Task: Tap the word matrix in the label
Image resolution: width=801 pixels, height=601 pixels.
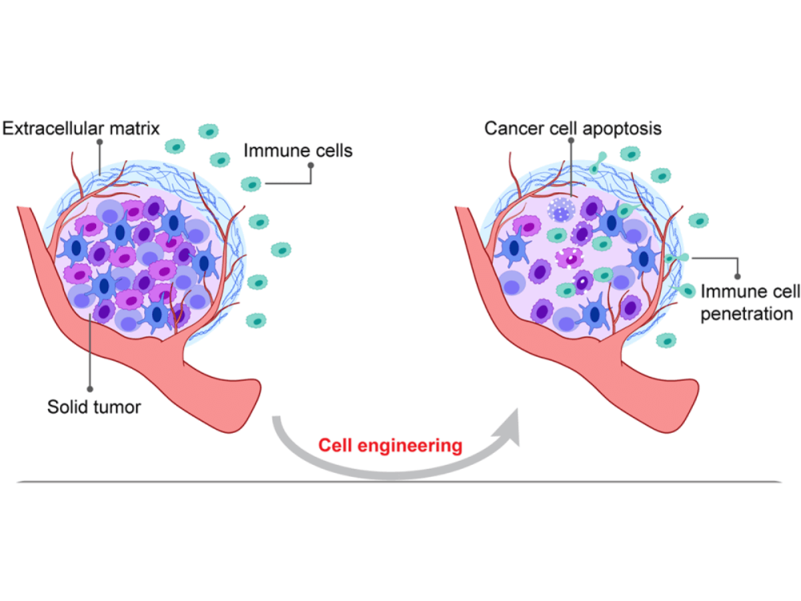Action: tap(136, 128)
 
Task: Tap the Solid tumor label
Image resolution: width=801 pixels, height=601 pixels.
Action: tap(94, 406)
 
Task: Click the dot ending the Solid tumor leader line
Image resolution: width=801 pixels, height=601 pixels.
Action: tap(89, 387)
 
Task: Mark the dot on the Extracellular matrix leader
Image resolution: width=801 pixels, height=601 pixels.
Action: tap(99, 142)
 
